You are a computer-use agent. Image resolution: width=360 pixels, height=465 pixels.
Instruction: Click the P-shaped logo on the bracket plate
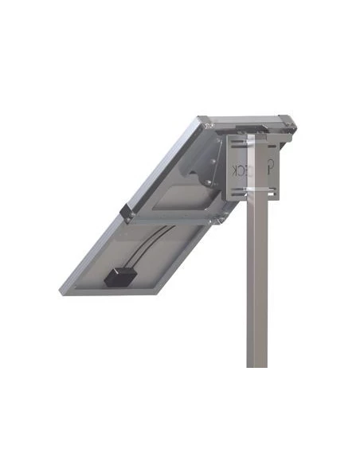[271, 167]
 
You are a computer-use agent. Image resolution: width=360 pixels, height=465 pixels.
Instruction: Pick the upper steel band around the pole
[256, 147]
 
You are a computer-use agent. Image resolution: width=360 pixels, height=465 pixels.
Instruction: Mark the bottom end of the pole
[256, 365]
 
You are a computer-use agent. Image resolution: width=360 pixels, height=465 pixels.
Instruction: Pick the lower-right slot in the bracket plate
[276, 191]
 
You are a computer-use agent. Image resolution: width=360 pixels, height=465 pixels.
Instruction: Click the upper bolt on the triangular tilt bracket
[213, 140]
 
